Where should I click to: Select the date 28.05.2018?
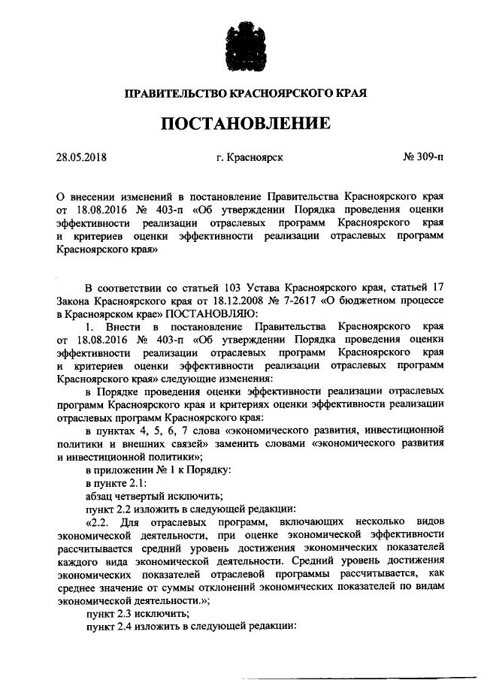(x=82, y=158)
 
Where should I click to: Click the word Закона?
(x=74, y=300)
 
